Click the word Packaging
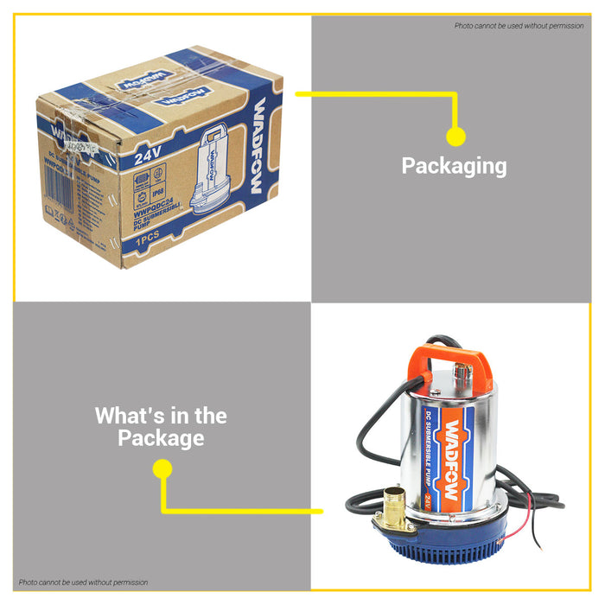(454, 166)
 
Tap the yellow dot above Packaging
(455, 136)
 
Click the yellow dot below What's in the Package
(162, 469)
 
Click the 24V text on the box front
(150, 158)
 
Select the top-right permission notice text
(519, 26)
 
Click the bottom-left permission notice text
(83, 583)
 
